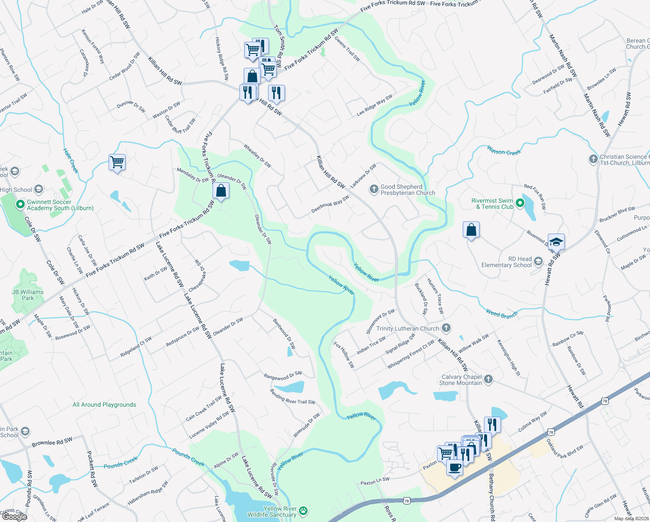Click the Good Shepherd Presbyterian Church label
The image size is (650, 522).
tap(408, 190)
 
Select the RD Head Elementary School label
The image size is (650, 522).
tap(507, 262)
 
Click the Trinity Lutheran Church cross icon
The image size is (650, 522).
tap(446, 328)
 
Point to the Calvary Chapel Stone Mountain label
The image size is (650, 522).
tap(461, 380)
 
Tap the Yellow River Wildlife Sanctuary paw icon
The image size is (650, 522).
tap(303, 511)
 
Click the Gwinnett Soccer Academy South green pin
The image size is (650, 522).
tap(20, 204)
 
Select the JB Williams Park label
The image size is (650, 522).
tap(28, 295)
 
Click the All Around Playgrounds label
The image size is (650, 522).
tap(104, 405)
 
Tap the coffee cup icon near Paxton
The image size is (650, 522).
tap(454, 468)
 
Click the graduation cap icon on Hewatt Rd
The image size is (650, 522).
tap(556, 241)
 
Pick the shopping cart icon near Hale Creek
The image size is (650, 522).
tap(117, 162)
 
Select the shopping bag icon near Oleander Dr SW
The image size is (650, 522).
tap(221, 191)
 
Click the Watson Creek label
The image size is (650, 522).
tap(504, 151)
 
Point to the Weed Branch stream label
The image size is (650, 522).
tap(502, 314)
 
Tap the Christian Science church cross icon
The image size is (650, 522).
tap(594, 159)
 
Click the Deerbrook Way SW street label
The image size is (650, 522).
tap(330, 204)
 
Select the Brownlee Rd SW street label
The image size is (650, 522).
tap(52, 442)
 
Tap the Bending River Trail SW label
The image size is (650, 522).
tap(292, 396)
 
